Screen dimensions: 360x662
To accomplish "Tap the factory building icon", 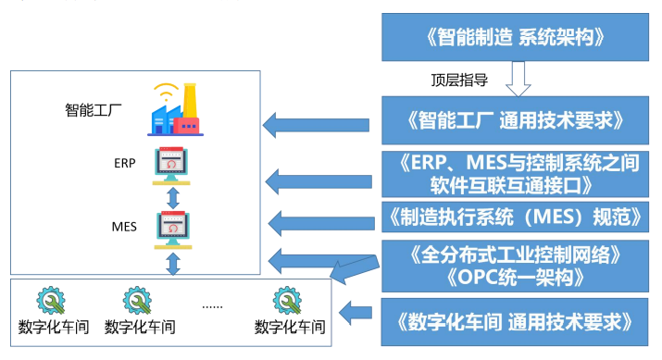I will click(174, 114).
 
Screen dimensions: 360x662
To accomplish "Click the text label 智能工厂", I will click(93, 112).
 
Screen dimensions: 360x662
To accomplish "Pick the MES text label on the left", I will click(124, 223).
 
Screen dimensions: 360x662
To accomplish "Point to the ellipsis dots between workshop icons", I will click(212, 304).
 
